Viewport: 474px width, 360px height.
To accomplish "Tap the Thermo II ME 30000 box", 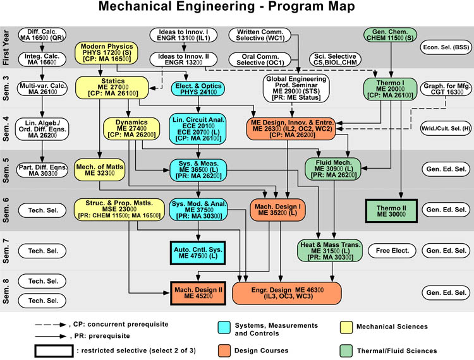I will [x=393, y=211].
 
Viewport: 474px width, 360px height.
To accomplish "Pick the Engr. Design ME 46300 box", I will [x=287, y=292].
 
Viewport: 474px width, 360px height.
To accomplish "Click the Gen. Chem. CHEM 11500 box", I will [x=392, y=36].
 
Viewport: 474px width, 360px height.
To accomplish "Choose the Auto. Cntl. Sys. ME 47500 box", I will [x=197, y=252].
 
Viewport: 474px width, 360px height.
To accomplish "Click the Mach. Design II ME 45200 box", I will [x=197, y=292].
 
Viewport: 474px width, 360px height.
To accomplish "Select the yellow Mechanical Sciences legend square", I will [x=346, y=327].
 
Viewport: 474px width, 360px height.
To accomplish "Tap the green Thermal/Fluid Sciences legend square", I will [x=346, y=350].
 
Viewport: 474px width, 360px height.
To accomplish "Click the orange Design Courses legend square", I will [x=222, y=350].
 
